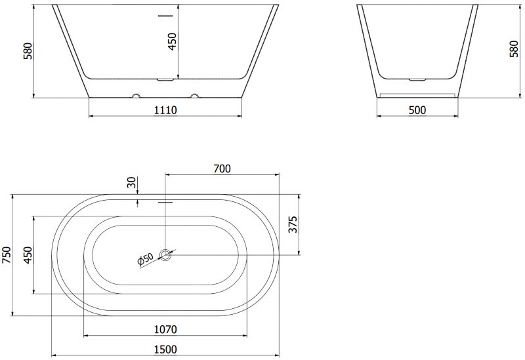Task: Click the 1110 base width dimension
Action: point(165,110)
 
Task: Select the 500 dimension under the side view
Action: point(417,110)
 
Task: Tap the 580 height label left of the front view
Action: point(28,51)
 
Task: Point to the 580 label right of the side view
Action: point(514,49)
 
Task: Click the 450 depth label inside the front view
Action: point(172,41)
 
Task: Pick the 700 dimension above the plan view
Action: point(222,169)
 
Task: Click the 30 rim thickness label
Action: point(133,182)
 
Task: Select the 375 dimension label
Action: point(293,224)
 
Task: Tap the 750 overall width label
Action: point(7,254)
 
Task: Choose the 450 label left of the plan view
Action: point(28,254)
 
